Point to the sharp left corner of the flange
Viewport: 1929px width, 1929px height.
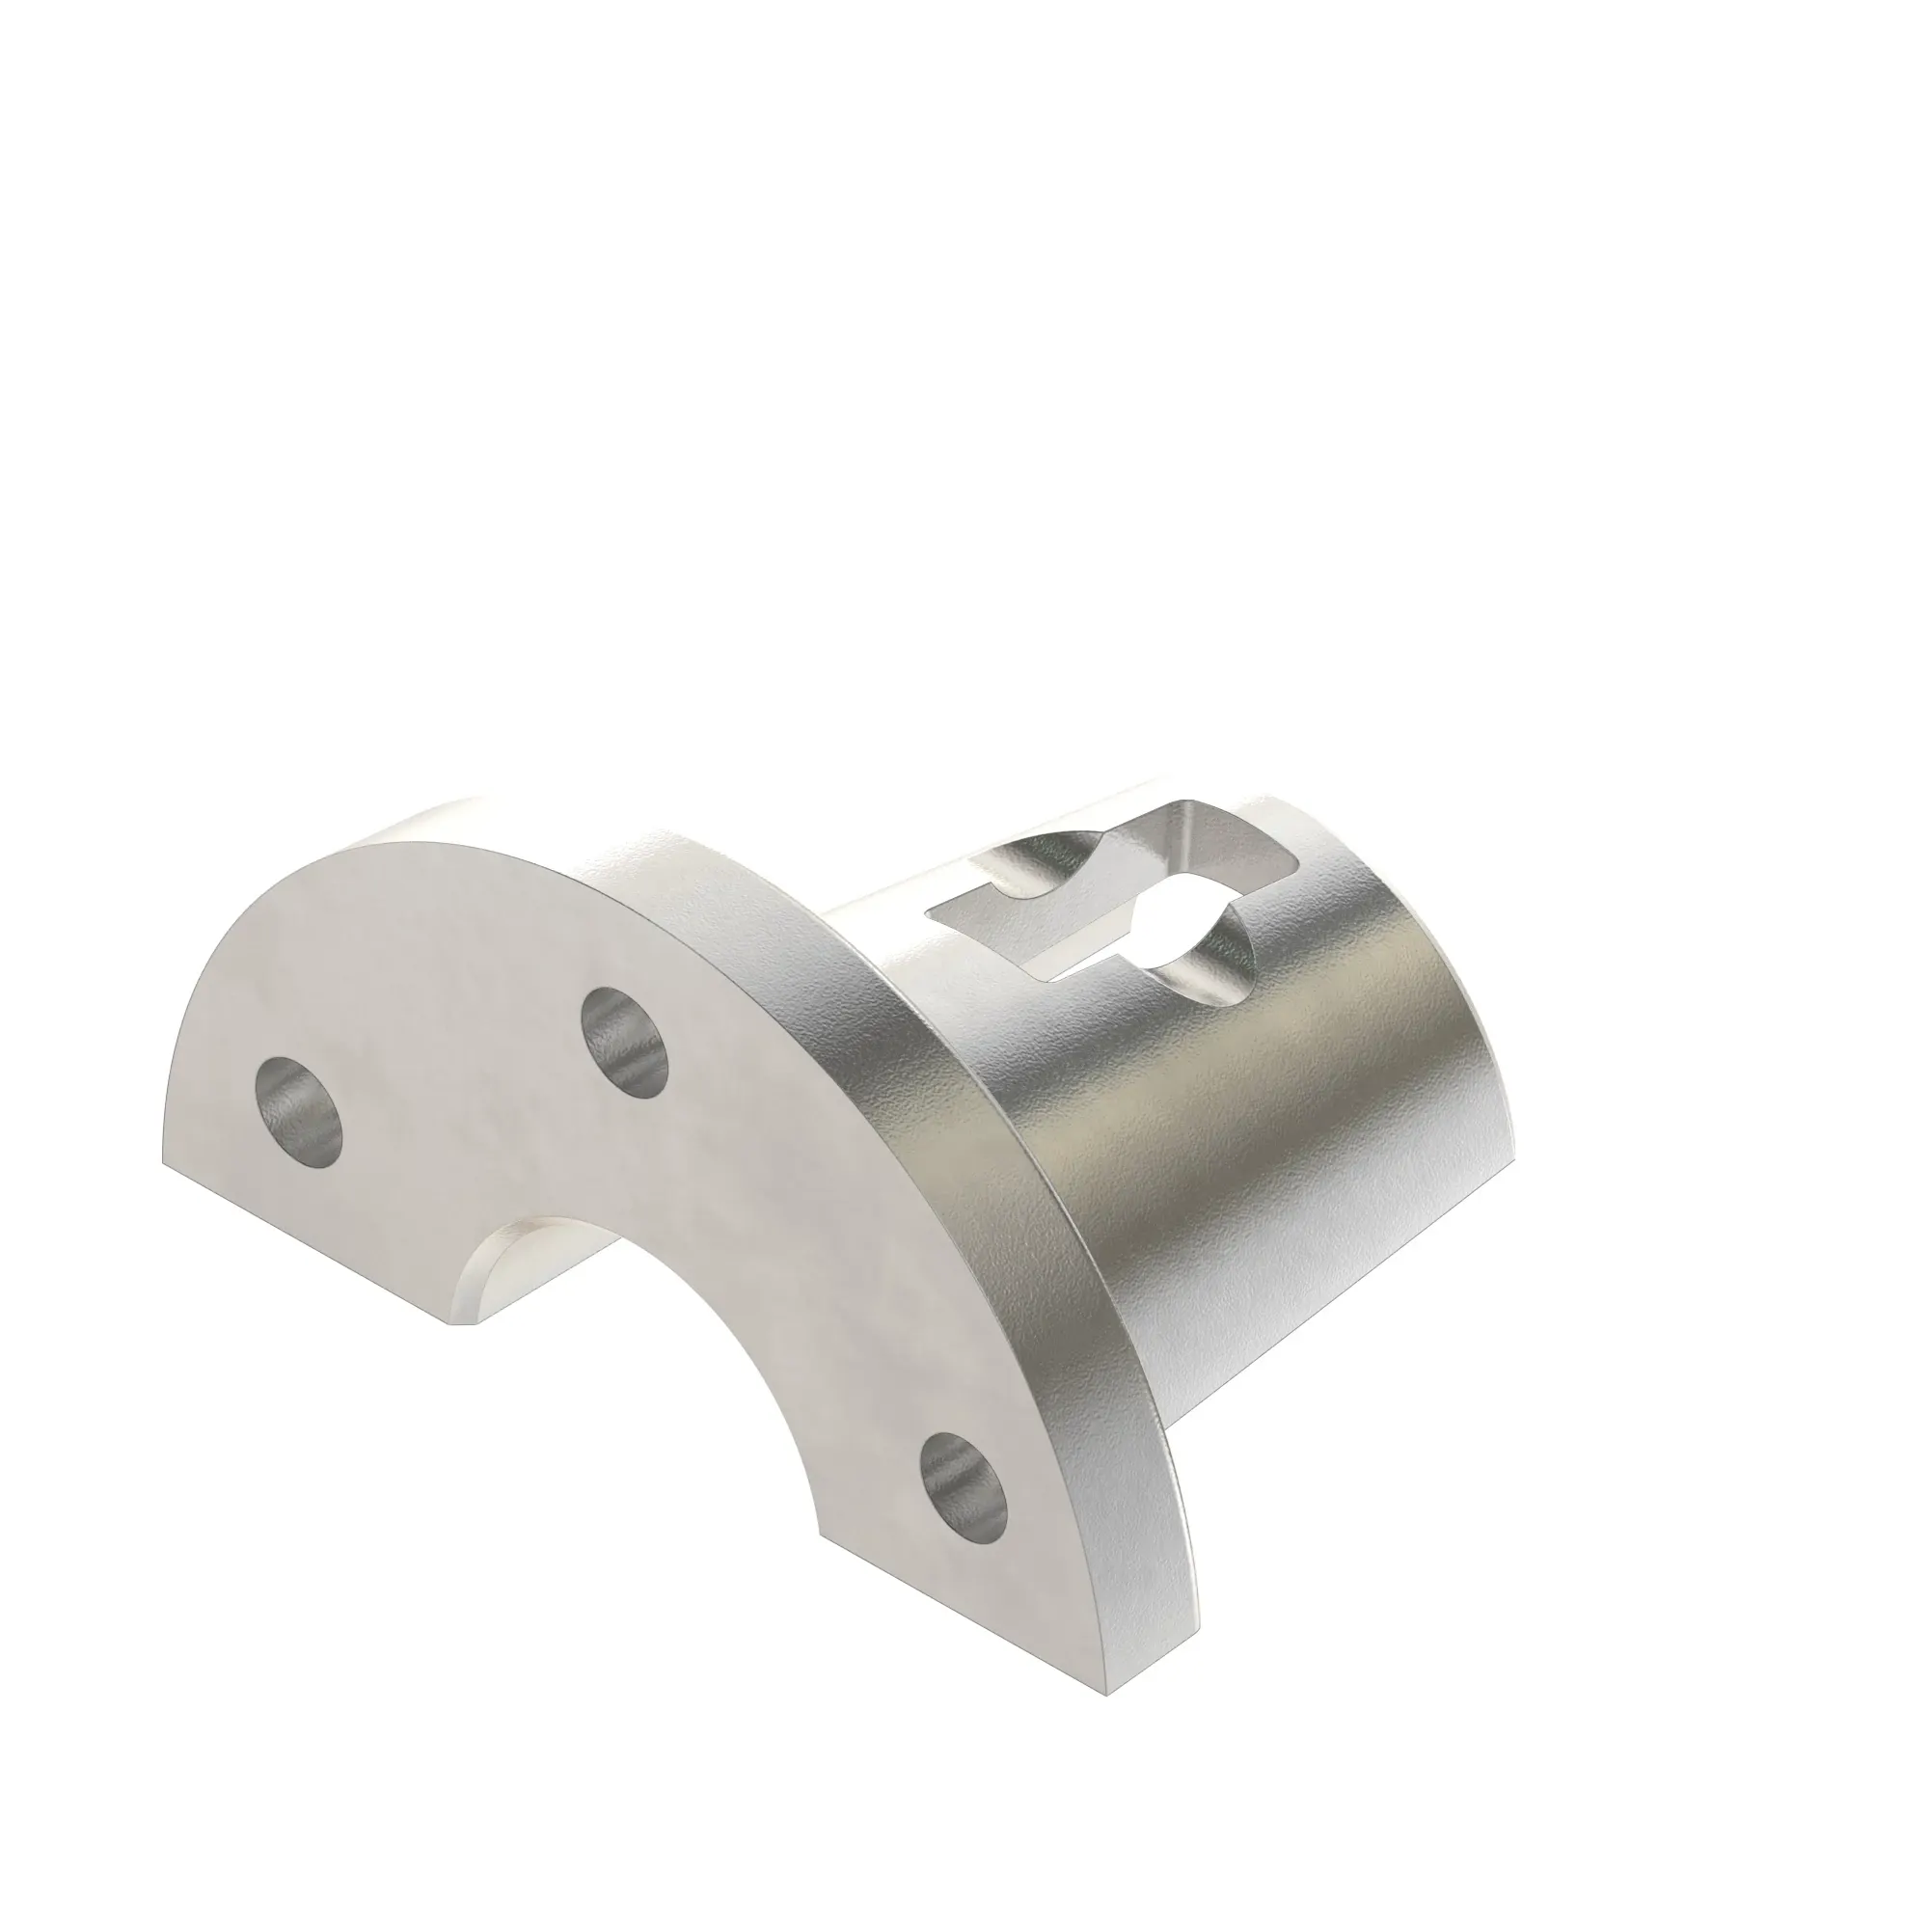click(163, 1161)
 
